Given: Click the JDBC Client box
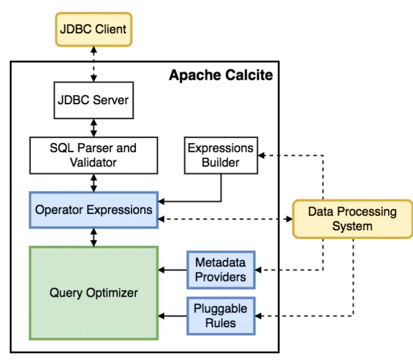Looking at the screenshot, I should [93, 29].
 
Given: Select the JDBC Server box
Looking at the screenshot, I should [93, 99].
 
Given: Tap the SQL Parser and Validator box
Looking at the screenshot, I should [93, 155].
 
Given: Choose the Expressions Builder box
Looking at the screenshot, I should [221, 155].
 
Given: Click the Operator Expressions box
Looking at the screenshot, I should [93, 210].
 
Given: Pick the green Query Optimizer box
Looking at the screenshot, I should [93, 292].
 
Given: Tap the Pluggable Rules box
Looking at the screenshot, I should [221, 316].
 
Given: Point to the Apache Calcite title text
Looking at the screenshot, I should [221, 76].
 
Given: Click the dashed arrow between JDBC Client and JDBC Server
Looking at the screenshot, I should [93, 65].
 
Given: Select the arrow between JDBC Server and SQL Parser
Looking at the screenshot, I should [93, 126].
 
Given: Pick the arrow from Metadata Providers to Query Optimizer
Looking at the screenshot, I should [173, 269].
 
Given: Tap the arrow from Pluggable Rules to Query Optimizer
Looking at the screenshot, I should [173, 316].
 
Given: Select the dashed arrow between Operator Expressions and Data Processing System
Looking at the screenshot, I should [225, 219].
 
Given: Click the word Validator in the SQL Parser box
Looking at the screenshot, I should [93, 162].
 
